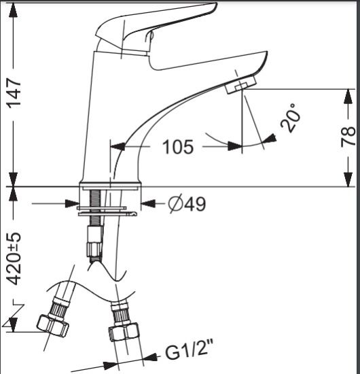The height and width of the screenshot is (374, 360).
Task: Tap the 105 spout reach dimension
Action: click(178, 147)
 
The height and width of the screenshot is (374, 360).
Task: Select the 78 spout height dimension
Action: click(348, 136)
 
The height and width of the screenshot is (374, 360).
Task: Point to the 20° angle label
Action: click(290, 118)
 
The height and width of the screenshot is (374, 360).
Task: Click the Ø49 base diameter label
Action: click(187, 204)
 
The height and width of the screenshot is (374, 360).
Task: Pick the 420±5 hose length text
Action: click(14, 258)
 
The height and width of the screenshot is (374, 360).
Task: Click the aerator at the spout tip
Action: click(240, 85)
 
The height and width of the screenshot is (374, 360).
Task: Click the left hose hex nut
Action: click(53, 326)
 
